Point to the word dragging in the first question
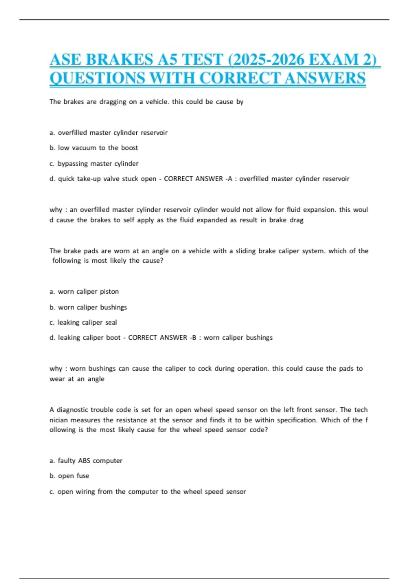112,102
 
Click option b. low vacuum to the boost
94,148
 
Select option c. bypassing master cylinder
94,163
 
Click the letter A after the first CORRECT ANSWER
230,179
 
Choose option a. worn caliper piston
84,292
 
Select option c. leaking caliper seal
83,323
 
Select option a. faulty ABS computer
86,461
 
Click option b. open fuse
69,476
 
